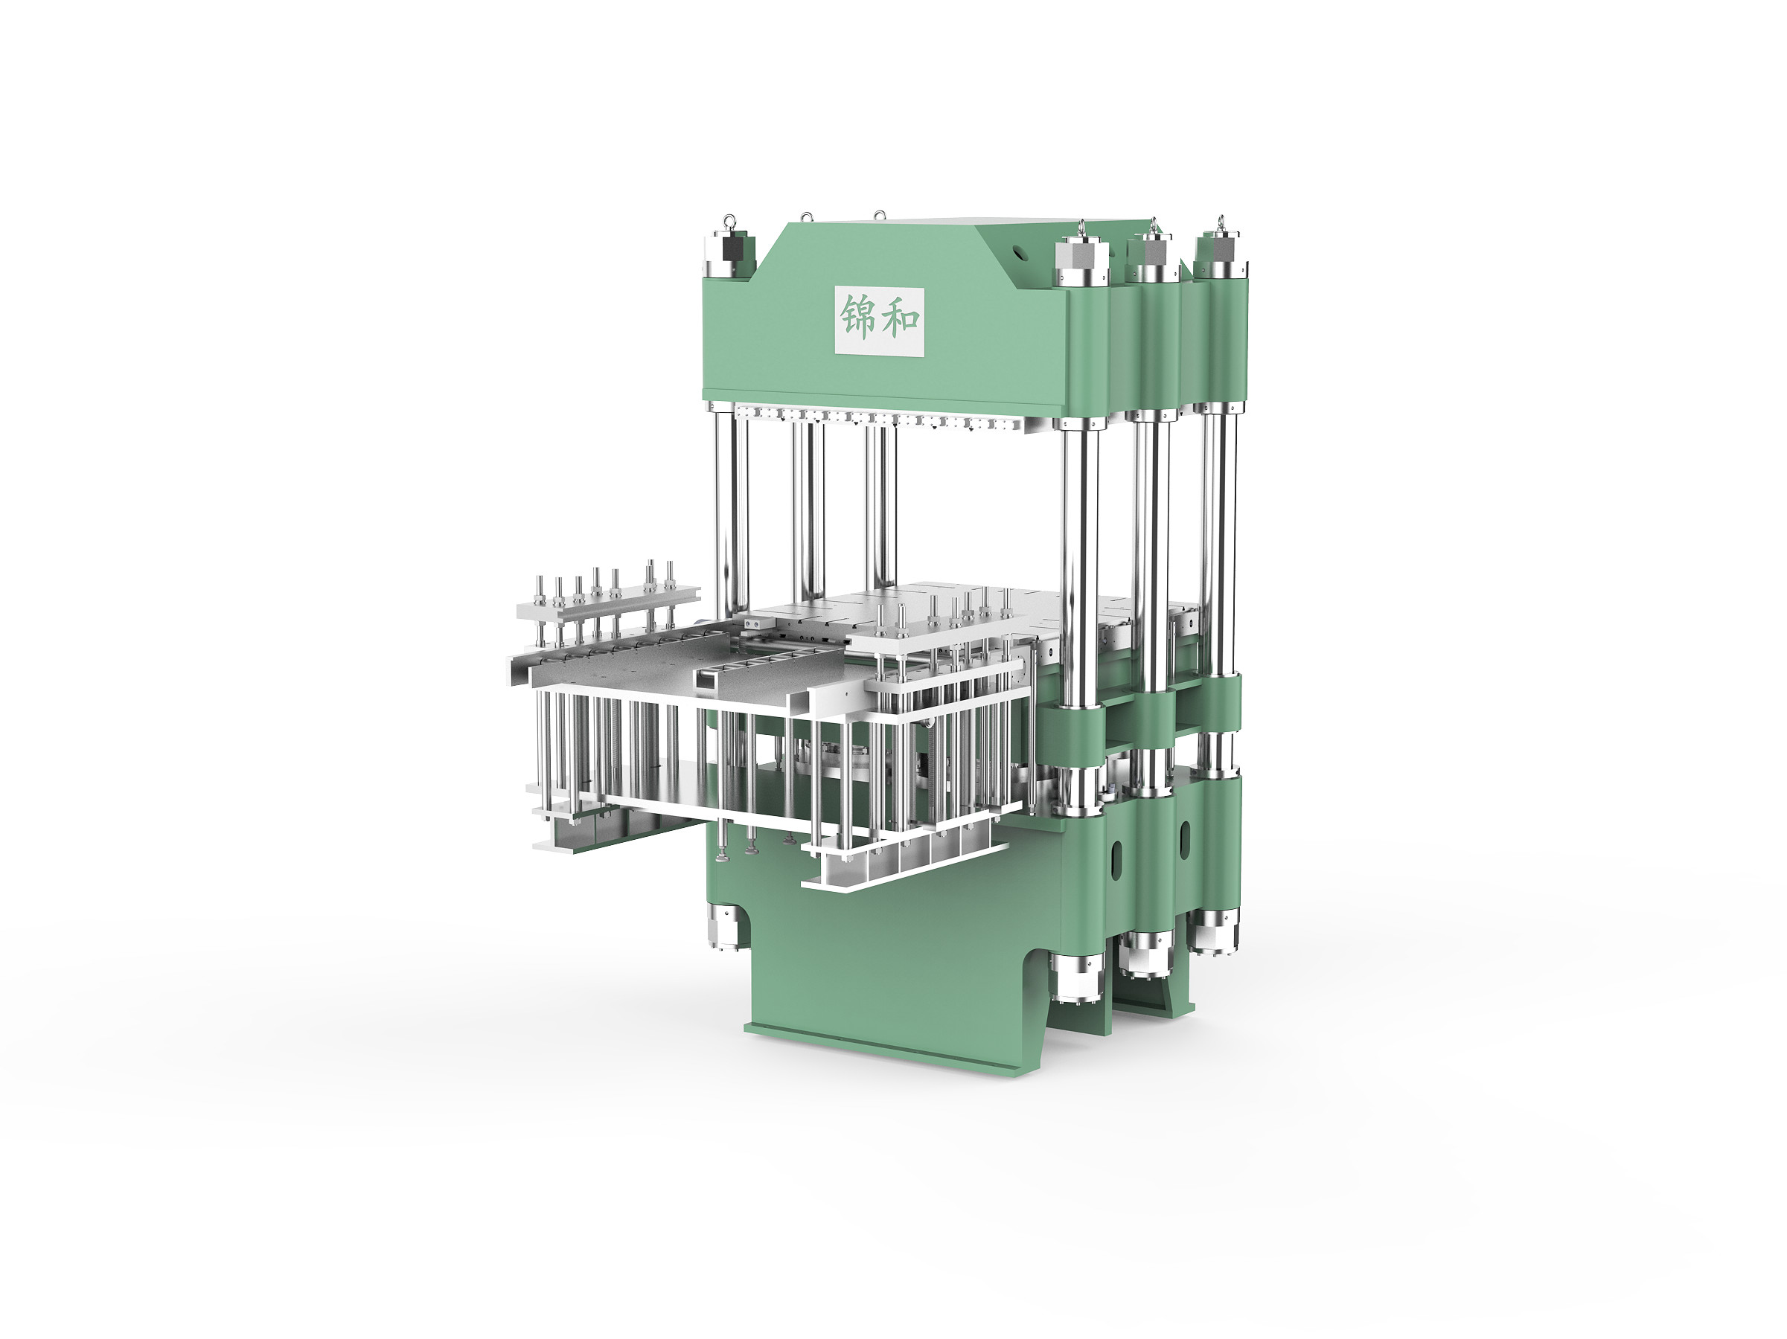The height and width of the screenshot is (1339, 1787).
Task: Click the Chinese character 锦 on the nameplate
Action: point(857,317)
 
